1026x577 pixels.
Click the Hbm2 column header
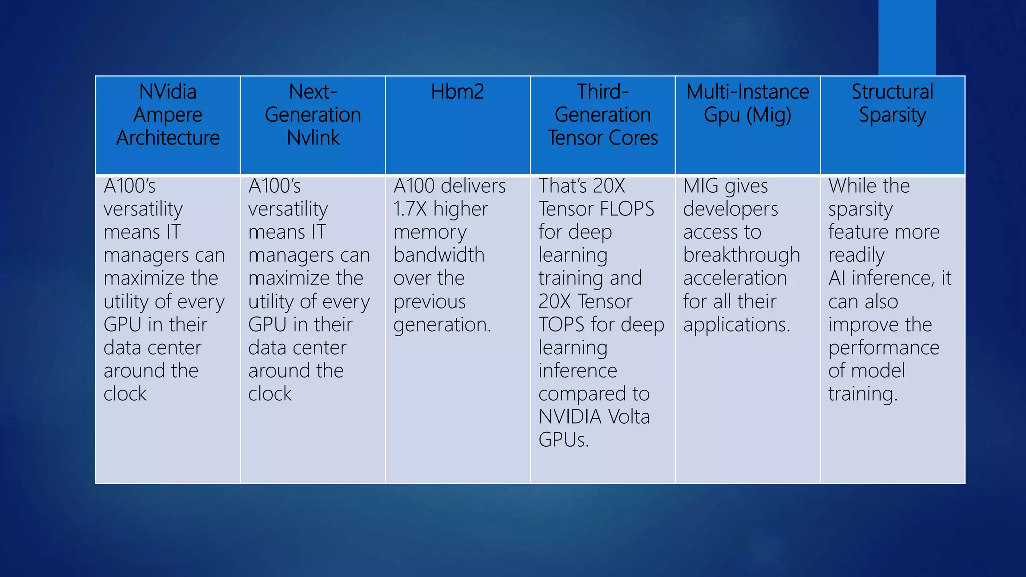click(x=457, y=92)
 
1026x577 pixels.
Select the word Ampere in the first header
click(x=168, y=115)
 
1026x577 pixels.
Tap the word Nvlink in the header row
click(x=313, y=138)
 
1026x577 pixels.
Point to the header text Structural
click(x=892, y=92)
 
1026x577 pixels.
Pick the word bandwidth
click(x=439, y=255)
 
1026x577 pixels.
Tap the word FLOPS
click(x=629, y=209)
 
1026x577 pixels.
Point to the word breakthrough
click(x=741, y=255)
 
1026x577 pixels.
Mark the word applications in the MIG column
click(x=736, y=325)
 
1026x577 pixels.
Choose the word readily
click(x=856, y=255)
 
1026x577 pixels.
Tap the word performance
click(x=884, y=348)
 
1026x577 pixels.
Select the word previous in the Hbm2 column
click(x=430, y=302)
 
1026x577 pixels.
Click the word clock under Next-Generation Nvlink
click(x=270, y=394)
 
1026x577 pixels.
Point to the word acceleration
click(x=735, y=278)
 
